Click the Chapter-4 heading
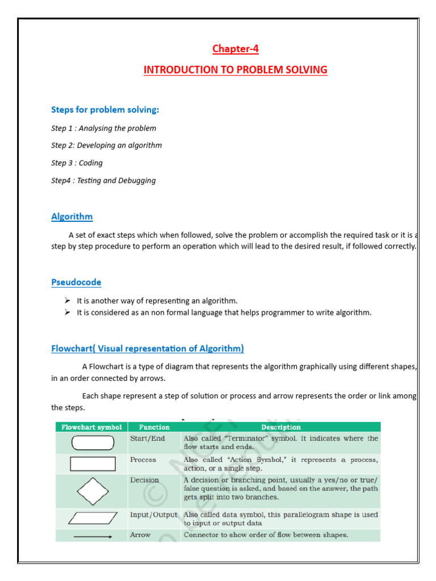coord(235,49)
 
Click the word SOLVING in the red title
coord(307,70)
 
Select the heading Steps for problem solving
coord(105,110)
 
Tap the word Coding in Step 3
coord(91,163)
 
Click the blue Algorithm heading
coord(72,216)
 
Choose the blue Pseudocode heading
coord(76,282)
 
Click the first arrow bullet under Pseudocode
coord(66,300)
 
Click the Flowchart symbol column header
coord(91,427)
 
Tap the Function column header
coord(154,427)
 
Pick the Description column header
coord(281,427)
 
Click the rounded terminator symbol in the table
coord(92,443)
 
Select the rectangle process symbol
coord(93,464)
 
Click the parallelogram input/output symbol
coord(92,517)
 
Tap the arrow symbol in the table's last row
coord(92,535)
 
